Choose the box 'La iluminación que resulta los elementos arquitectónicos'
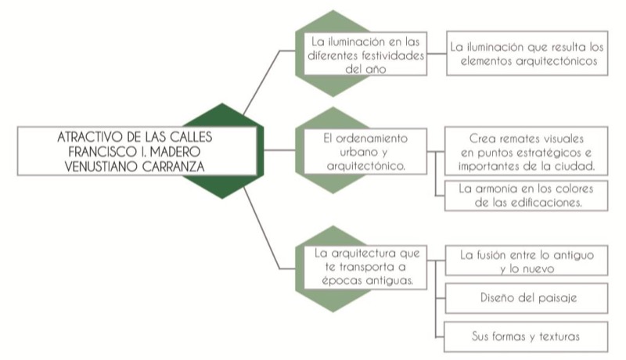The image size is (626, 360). [x=526, y=53]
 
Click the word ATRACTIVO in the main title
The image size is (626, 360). [x=88, y=136]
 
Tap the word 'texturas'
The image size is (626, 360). [x=559, y=337]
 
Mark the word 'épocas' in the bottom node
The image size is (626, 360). [x=343, y=280]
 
